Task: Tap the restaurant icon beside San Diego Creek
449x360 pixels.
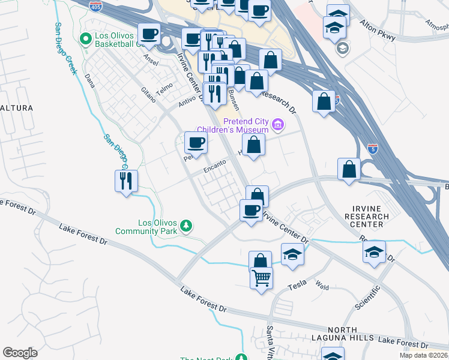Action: (x=126, y=181)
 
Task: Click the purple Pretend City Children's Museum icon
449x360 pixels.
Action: (x=277, y=125)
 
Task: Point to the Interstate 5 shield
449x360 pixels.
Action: (x=373, y=148)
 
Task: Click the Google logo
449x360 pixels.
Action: (x=20, y=353)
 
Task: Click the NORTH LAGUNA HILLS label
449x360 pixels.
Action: (x=343, y=335)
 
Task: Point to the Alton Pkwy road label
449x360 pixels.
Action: (x=376, y=32)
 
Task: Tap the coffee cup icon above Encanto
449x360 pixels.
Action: (x=196, y=143)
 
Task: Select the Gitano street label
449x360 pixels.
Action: (x=148, y=94)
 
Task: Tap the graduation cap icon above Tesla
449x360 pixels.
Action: (x=292, y=255)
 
